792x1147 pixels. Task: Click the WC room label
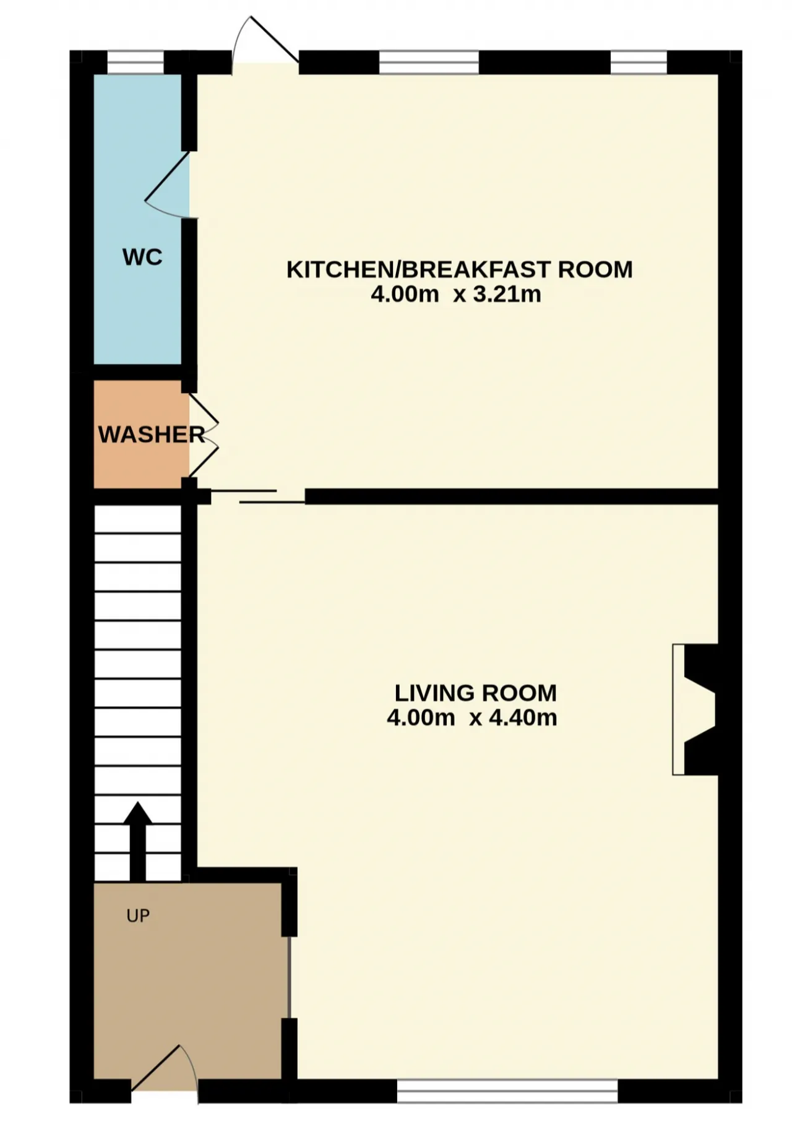coord(142,257)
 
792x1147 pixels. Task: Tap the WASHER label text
coord(152,435)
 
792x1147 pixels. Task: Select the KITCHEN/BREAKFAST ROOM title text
coord(460,269)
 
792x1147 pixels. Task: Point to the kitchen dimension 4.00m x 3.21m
coord(456,294)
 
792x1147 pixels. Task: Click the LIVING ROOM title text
coord(476,693)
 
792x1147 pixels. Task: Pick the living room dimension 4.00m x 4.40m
coord(472,717)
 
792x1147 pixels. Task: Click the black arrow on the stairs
coord(137,841)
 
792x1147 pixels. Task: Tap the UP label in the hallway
coord(138,915)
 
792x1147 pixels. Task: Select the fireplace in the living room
coord(695,709)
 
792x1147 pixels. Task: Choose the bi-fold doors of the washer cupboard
coord(204,435)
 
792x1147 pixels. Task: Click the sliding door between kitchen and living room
coord(258,496)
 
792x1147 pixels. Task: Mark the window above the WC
coord(136,63)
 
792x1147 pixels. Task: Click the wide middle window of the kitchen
coord(429,63)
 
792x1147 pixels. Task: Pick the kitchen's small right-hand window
coord(639,63)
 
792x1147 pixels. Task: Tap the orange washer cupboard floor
coord(141,458)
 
